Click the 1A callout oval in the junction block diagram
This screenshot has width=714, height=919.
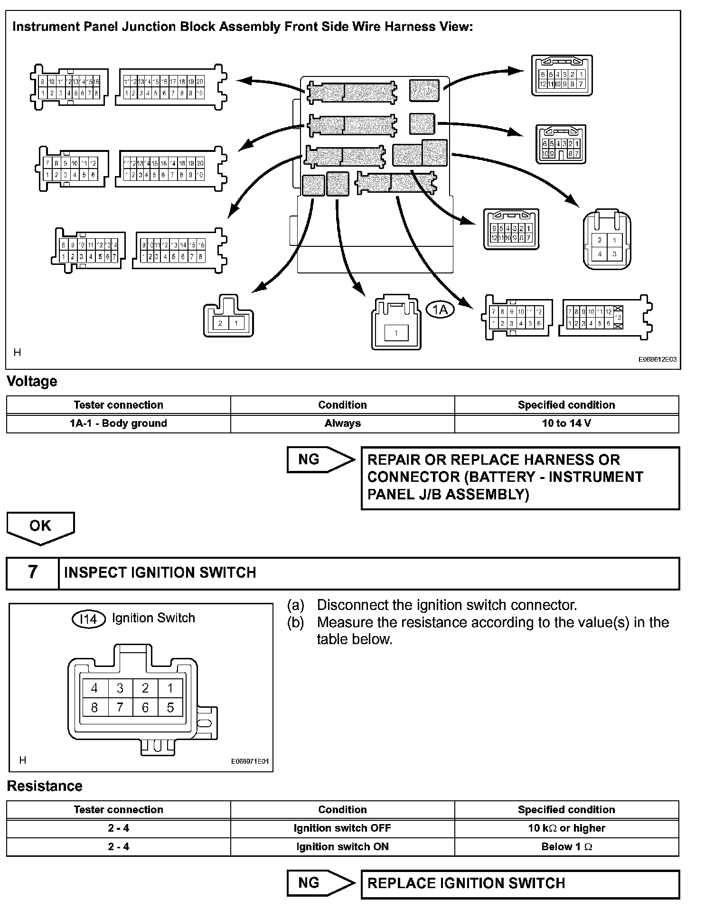440,309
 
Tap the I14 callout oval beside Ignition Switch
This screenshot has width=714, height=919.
88,619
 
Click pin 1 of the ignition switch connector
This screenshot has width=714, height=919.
170,688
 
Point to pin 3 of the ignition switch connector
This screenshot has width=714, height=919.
120,688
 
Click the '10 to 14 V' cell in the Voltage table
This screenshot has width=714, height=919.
566,423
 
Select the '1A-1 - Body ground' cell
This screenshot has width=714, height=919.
118,423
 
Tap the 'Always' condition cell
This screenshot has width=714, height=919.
342,423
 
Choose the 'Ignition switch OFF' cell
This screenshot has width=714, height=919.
342,828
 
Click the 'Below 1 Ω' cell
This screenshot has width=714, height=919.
566,847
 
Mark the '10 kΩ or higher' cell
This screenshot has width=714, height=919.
566,828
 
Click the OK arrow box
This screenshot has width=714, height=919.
40,526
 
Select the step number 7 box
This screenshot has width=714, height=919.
32,572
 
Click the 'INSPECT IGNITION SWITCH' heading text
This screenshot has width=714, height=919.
160,573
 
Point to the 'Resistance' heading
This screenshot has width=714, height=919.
45,787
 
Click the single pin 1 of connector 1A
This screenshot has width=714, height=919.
396,333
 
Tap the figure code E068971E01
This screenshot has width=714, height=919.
250,761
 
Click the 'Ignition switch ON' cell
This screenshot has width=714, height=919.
342,847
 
